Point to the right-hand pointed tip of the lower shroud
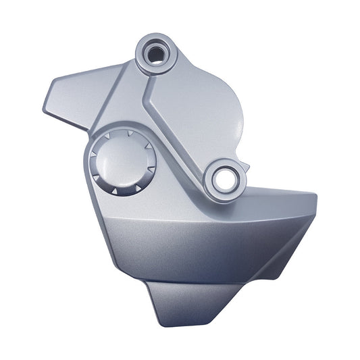pos(315,196)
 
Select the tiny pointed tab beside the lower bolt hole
pos(247,167)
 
